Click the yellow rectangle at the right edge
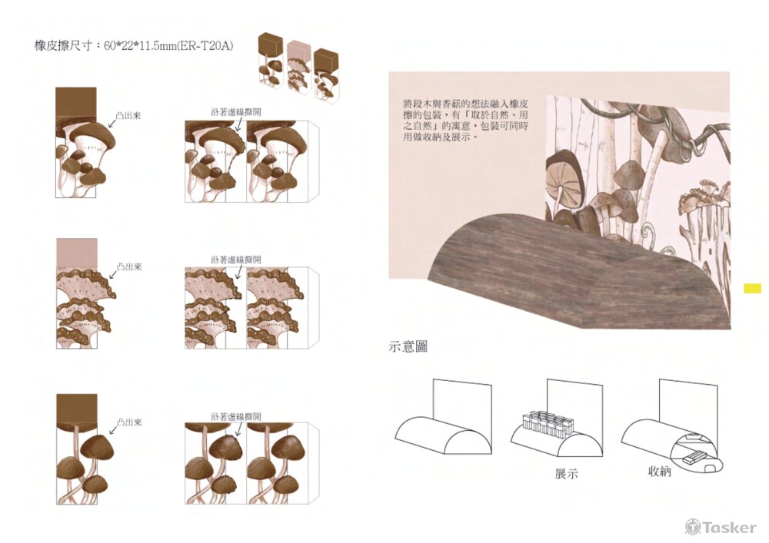752,289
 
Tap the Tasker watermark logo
721,527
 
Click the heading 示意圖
408,347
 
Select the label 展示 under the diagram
566,474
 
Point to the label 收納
659,472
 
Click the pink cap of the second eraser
77,252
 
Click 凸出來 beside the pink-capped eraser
129,267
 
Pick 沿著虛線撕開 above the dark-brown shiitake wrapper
235,111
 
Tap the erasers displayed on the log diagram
547,422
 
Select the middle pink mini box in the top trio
298,67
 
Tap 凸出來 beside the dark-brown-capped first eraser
129,115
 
